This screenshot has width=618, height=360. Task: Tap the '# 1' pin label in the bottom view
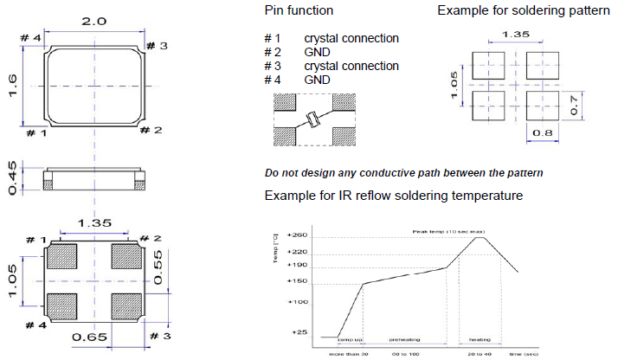coord(34,238)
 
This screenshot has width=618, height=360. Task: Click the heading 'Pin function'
coord(298,10)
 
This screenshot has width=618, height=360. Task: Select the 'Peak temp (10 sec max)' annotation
coord(449,231)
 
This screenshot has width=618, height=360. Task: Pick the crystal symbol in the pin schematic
coord(312,120)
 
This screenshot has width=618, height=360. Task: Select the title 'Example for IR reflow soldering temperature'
coord(393,196)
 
